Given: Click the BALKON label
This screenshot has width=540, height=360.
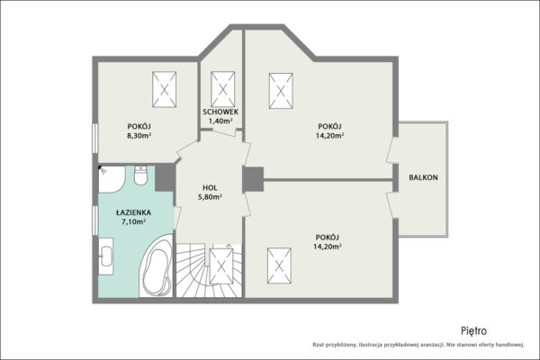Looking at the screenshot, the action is coord(423,177).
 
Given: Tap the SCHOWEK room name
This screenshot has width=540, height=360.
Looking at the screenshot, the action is coord(220,112).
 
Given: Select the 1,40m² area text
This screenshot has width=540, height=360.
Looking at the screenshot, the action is coord(220,121).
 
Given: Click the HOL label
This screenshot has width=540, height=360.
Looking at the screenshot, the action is coord(210,188).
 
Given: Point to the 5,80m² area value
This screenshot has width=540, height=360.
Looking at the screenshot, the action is coord(210,197).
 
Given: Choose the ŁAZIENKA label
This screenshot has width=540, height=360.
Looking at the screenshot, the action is coord(133,212).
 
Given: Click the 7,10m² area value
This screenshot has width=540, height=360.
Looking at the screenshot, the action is coord(133,221).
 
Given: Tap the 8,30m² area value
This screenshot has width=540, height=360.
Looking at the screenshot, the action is coord(139,135).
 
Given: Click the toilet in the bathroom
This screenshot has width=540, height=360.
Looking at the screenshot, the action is coord(140,175).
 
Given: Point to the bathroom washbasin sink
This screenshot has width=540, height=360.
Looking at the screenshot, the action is coord(105,256).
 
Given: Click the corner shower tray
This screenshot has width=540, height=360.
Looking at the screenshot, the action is coord(112,179).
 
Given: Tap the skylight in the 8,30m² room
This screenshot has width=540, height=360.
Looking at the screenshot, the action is coord(165,90).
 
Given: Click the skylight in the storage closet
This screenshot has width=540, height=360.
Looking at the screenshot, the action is coord(223,90).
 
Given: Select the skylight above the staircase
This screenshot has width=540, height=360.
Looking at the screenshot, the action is coord(221,266).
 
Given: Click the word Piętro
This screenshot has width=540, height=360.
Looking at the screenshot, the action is coord(474,330).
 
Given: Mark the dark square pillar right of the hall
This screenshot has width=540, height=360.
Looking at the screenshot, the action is coord(253,179).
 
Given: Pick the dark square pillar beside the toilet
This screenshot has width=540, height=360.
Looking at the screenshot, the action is coord(165,178).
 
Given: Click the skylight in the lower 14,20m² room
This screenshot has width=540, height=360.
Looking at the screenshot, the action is coord(279,266).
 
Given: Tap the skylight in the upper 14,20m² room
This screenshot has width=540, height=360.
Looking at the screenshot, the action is coord(281,91).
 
